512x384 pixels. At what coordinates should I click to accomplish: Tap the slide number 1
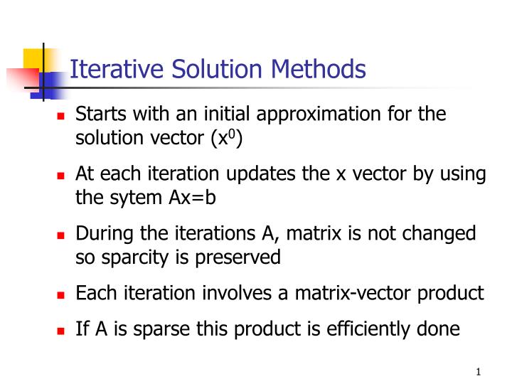[479, 373]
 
